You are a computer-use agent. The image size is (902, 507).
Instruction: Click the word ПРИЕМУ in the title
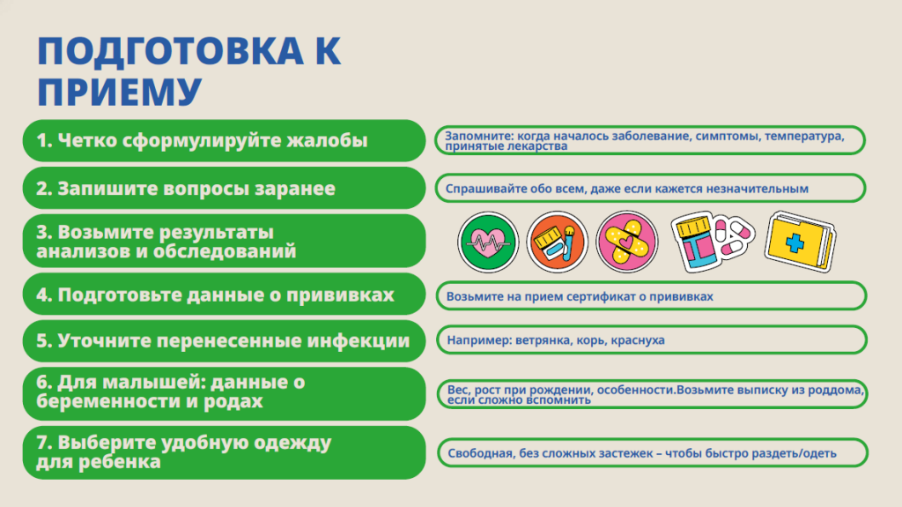tap(119, 92)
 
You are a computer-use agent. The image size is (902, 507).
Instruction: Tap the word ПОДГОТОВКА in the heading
tap(170, 51)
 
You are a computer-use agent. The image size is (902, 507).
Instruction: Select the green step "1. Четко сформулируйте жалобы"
tap(224, 140)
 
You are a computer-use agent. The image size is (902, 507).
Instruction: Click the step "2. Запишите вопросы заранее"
tap(224, 189)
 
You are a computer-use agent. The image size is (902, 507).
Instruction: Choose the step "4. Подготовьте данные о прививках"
tap(224, 295)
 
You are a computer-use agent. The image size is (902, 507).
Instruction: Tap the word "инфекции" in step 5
tap(358, 340)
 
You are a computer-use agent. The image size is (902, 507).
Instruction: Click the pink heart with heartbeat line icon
tap(488, 242)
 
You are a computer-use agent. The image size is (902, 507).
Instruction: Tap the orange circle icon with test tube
tap(557, 242)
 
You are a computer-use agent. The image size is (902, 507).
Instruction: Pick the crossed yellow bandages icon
tap(626, 242)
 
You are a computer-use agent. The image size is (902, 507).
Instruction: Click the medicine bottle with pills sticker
tap(712, 242)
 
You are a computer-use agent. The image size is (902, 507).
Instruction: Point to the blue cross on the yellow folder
tap(795, 242)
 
